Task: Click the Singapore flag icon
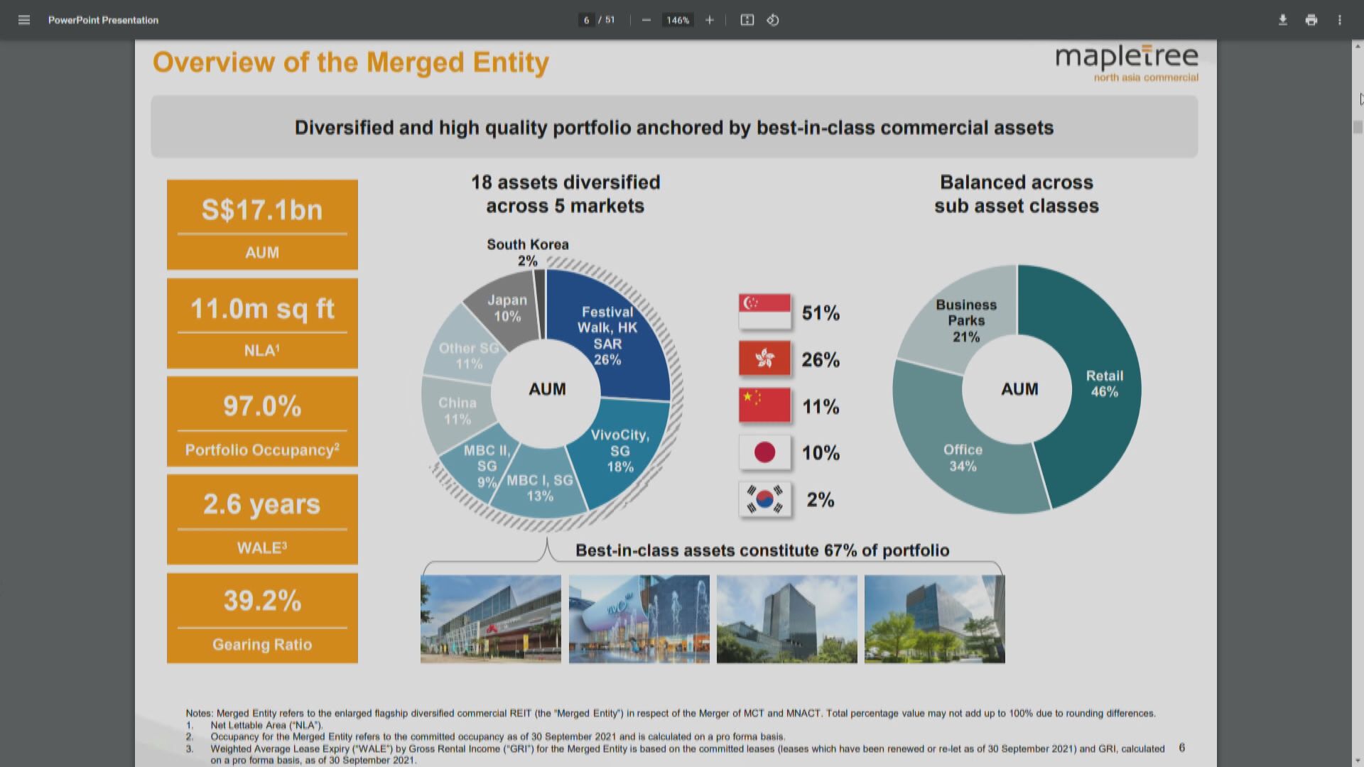pos(764,312)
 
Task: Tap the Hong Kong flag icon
pos(764,359)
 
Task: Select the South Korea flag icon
pos(764,499)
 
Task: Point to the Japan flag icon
pos(764,452)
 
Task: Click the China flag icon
pos(764,406)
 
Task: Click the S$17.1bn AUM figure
pos(262,210)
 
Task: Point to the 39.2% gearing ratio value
pos(262,601)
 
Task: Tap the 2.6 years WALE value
pos(262,504)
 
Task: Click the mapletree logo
pos(1126,62)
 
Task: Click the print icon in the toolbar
pos(1311,20)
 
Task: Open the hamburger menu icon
pos(24,20)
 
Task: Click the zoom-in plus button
pos(709,20)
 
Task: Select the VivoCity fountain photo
pos(639,619)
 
